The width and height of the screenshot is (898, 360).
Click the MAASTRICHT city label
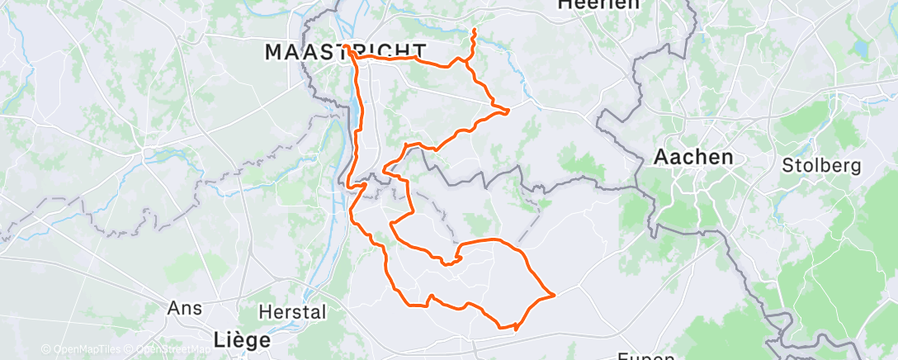[x=345, y=52]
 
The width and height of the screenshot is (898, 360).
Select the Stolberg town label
[x=821, y=165]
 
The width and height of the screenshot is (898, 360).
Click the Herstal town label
[x=292, y=312]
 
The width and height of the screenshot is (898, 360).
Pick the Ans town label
[x=179, y=307]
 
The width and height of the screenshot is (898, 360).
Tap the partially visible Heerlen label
[x=599, y=4]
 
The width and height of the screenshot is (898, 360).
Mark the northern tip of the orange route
[x=475, y=30]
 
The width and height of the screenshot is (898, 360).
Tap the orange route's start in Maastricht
[x=350, y=51]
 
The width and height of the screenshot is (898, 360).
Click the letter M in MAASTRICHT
[x=273, y=52]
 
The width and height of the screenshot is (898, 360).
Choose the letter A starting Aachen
[x=659, y=156]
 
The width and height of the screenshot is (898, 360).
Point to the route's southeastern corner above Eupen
[x=554, y=294]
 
